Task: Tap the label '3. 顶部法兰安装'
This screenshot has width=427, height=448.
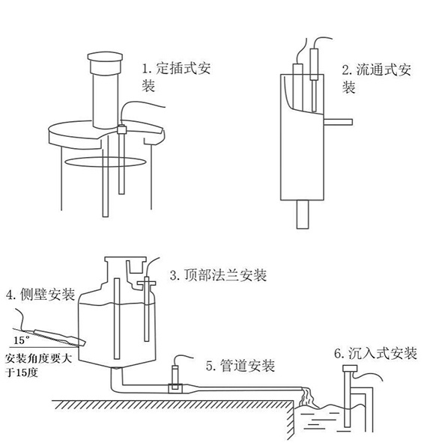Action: pyautogui.click(x=218, y=275)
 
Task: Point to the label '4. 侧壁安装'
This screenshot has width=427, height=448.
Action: pyautogui.click(x=40, y=295)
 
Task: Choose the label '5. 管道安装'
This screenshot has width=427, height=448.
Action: pyautogui.click(x=239, y=366)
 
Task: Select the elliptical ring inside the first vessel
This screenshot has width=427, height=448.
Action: pyautogui.click(x=101, y=160)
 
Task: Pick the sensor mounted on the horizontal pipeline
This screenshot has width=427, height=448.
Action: pyautogui.click(x=175, y=374)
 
